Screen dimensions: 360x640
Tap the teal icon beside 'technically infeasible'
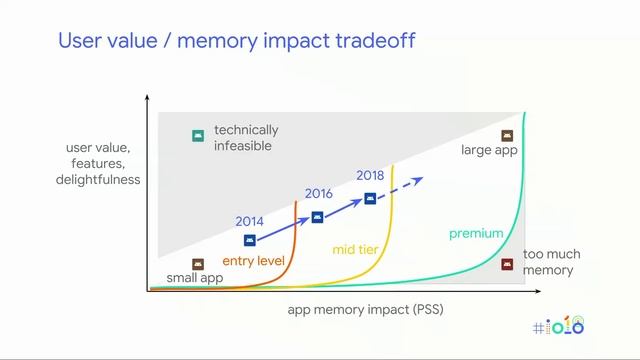click(198, 136)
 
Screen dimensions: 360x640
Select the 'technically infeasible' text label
click(246, 138)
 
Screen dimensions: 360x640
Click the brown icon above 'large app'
click(506, 135)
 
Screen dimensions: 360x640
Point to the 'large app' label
click(489, 151)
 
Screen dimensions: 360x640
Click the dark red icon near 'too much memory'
click(506, 265)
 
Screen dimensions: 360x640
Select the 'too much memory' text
click(551, 262)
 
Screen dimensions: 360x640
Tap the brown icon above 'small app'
click(198, 264)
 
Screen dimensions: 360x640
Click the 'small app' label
click(194, 278)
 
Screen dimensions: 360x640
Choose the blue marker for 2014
click(250, 240)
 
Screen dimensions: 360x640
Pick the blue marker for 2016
click(317, 217)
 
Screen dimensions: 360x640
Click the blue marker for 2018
click(370, 198)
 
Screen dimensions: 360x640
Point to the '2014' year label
click(250, 221)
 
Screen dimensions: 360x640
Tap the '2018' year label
click(370, 176)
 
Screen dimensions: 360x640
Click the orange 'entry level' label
click(253, 261)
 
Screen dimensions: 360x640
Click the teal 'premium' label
click(475, 234)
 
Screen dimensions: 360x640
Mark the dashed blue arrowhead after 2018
click(419, 180)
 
